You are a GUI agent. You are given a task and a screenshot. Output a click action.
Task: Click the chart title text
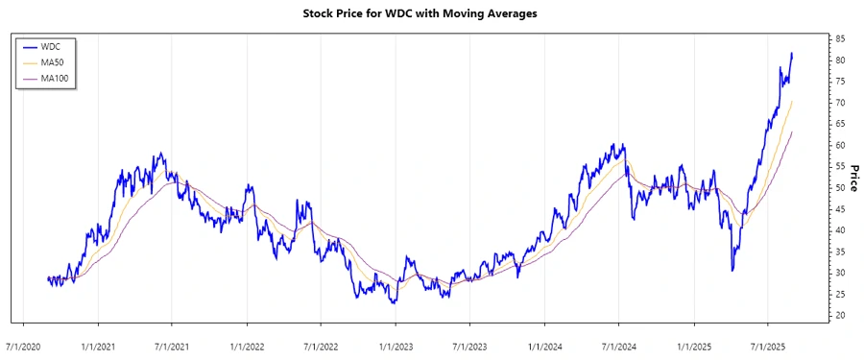[432, 15]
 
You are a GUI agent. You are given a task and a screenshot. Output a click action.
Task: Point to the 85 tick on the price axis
[840, 38]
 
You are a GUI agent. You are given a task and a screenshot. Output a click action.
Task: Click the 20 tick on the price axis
[840, 316]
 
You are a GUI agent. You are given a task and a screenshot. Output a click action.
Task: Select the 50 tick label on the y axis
[840, 188]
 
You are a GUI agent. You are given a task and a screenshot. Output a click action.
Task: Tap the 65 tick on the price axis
[840, 124]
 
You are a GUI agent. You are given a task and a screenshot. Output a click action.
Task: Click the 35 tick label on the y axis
[840, 252]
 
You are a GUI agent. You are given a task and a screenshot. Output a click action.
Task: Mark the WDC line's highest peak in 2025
[792, 54]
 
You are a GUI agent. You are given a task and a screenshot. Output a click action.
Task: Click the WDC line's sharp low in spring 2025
[732, 270]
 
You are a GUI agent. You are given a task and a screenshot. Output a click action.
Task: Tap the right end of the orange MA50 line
[792, 102]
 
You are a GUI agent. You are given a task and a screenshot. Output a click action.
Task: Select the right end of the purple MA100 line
[792, 132]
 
